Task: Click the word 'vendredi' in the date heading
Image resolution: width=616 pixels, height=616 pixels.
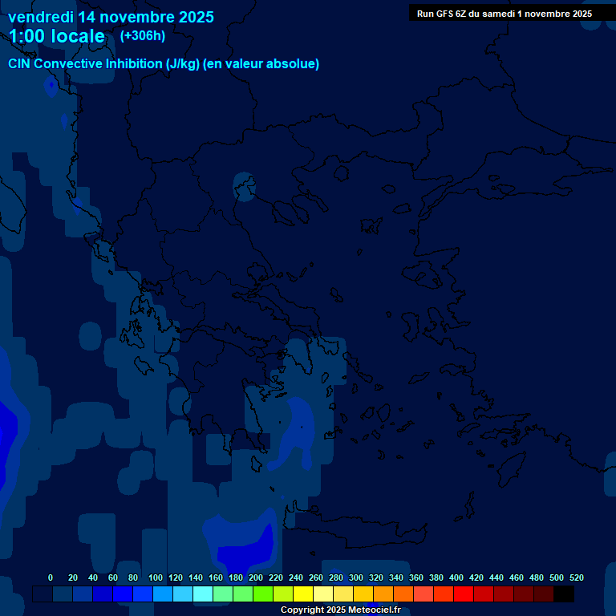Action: pyautogui.click(x=40, y=16)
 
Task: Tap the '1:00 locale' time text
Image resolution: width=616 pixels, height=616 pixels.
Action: pyautogui.click(x=57, y=36)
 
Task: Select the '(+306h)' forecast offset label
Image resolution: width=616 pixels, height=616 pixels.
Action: pyautogui.click(x=142, y=35)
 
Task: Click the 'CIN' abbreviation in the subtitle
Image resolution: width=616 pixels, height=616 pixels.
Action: pyautogui.click(x=20, y=64)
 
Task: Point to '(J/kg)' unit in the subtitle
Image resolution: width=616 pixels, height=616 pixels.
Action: pyautogui.click(x=184, y=64)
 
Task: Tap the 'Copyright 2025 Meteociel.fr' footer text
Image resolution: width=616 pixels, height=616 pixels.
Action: pyautogui.click(x=340, y=610)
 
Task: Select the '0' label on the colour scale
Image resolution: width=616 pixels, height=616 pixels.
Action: pyautogui.click(x=51, y=577)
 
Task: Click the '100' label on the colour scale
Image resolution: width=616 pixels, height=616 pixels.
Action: pyautogui.click(x=156, y=577)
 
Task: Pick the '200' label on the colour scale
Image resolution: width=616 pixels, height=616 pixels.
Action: pyautogui.click(x=256, y=577)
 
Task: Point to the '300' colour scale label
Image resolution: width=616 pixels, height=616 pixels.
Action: pyautogui.click(x=356, y=577)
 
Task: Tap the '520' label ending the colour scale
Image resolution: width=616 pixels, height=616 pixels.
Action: pyautogui.click(x=577, y=577)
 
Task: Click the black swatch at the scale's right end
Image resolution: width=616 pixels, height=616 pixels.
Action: pyautogui.click(x=564, y=594)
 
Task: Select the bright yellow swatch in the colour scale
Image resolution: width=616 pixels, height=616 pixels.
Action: pyautogui.click(x=302, y=594)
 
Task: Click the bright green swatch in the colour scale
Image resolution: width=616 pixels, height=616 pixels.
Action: pyautogui.click(x=262, y=594)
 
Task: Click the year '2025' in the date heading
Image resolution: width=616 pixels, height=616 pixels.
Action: pyautogui.click(x=196, y=16)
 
